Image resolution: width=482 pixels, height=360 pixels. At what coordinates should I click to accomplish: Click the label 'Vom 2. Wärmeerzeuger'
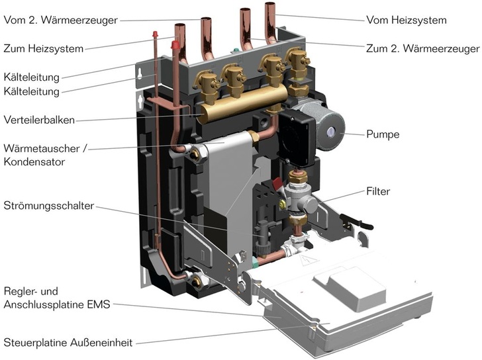60,20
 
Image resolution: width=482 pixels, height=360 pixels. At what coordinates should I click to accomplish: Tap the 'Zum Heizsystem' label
43,48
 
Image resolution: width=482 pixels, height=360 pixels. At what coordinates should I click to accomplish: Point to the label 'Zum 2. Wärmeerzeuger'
422,48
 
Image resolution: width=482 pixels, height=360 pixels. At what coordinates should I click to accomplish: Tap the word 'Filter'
378,192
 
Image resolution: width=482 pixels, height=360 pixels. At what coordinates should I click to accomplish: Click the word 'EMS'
99,304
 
